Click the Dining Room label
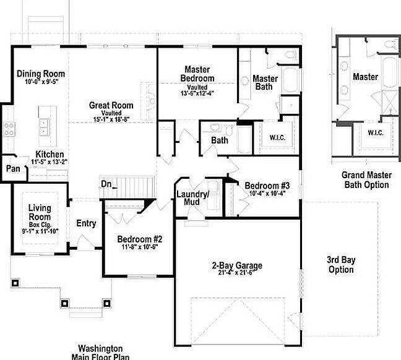pos(41,74)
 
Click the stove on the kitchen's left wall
pos(10,129)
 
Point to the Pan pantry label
pos(12,169)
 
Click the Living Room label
pos(40,217)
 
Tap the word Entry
pos(86,223)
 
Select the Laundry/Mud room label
pos(194,198)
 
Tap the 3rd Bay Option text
pos(341,264)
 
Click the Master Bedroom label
pos(197,74)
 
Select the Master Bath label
pos(266,82)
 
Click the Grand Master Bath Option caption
pos(366,180)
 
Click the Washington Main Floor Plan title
pos(100,352)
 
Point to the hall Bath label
pos(220,140)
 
